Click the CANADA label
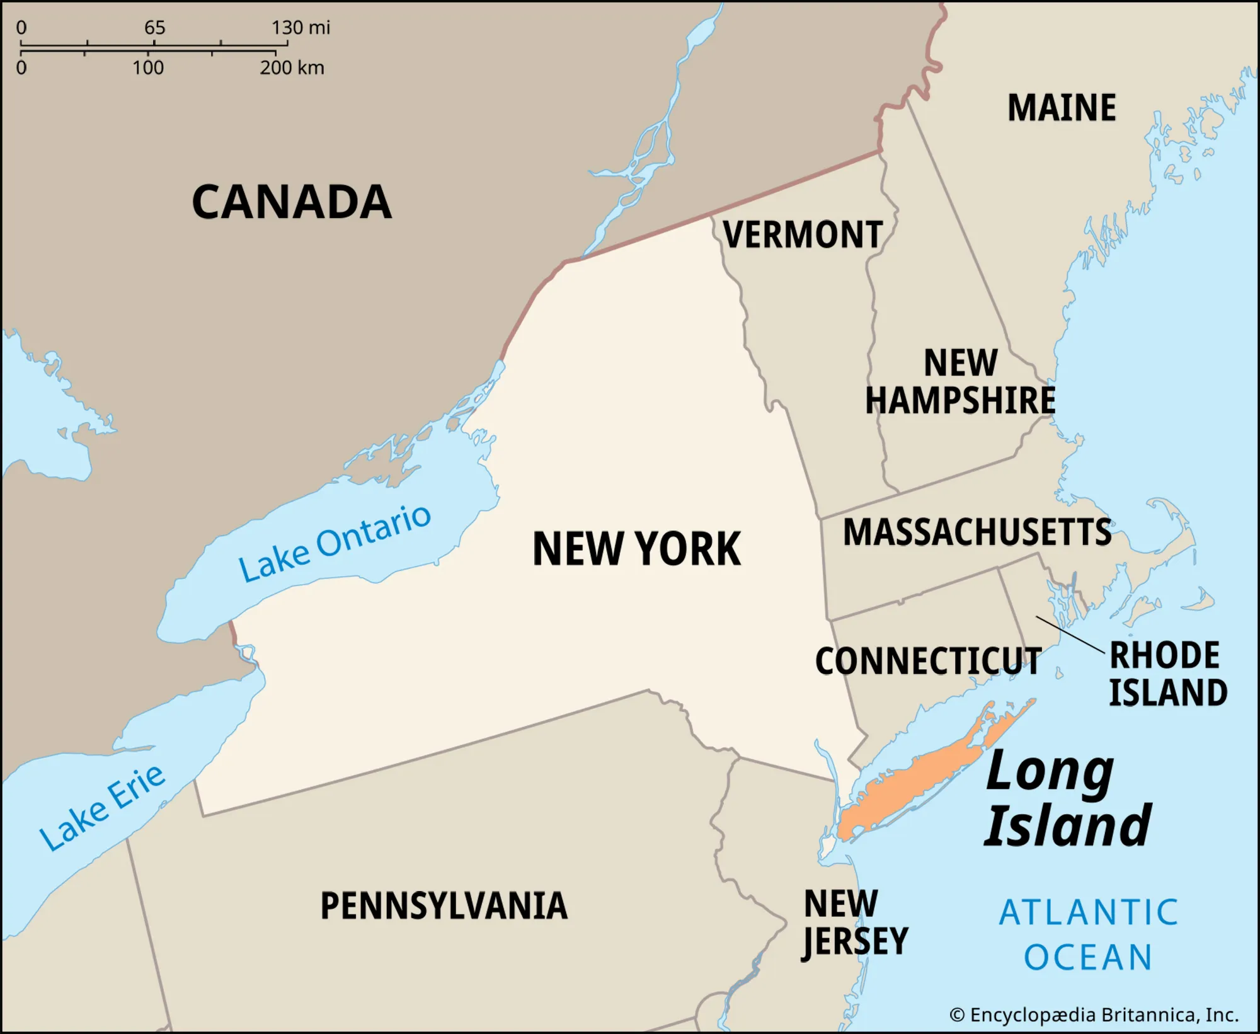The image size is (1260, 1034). pos(291,202)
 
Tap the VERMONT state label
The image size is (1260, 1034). pos(803,235)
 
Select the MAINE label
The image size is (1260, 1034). pos(1062,108)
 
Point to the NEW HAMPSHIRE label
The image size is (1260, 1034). pos(960,382)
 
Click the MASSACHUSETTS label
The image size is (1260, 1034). pos(977,532)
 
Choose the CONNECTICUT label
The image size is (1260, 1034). pos(928,662)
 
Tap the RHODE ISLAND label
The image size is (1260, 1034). pos(1167,674)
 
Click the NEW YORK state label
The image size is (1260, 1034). pos(637,549)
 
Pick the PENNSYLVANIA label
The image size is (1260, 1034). pos(444,906)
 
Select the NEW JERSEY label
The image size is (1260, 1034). pos(854,923)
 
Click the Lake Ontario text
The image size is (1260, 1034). pos(335,544)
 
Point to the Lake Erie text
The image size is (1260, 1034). pos(103,808)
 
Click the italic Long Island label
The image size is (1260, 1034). pos(1068,800)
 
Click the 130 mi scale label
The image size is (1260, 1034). pos(301,28)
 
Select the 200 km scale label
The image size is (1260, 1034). pos(292,67)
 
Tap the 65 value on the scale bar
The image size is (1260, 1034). pos(154,28)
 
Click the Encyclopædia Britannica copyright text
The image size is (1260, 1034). pos(1094,1015)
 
